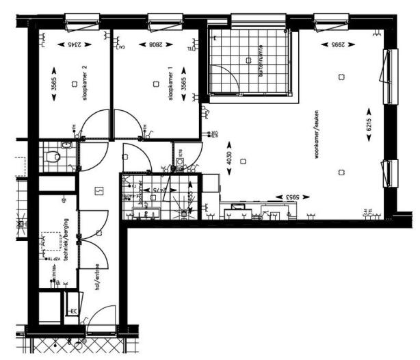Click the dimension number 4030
[x=228, y=160]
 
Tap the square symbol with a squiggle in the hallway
[x=99, y=190]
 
